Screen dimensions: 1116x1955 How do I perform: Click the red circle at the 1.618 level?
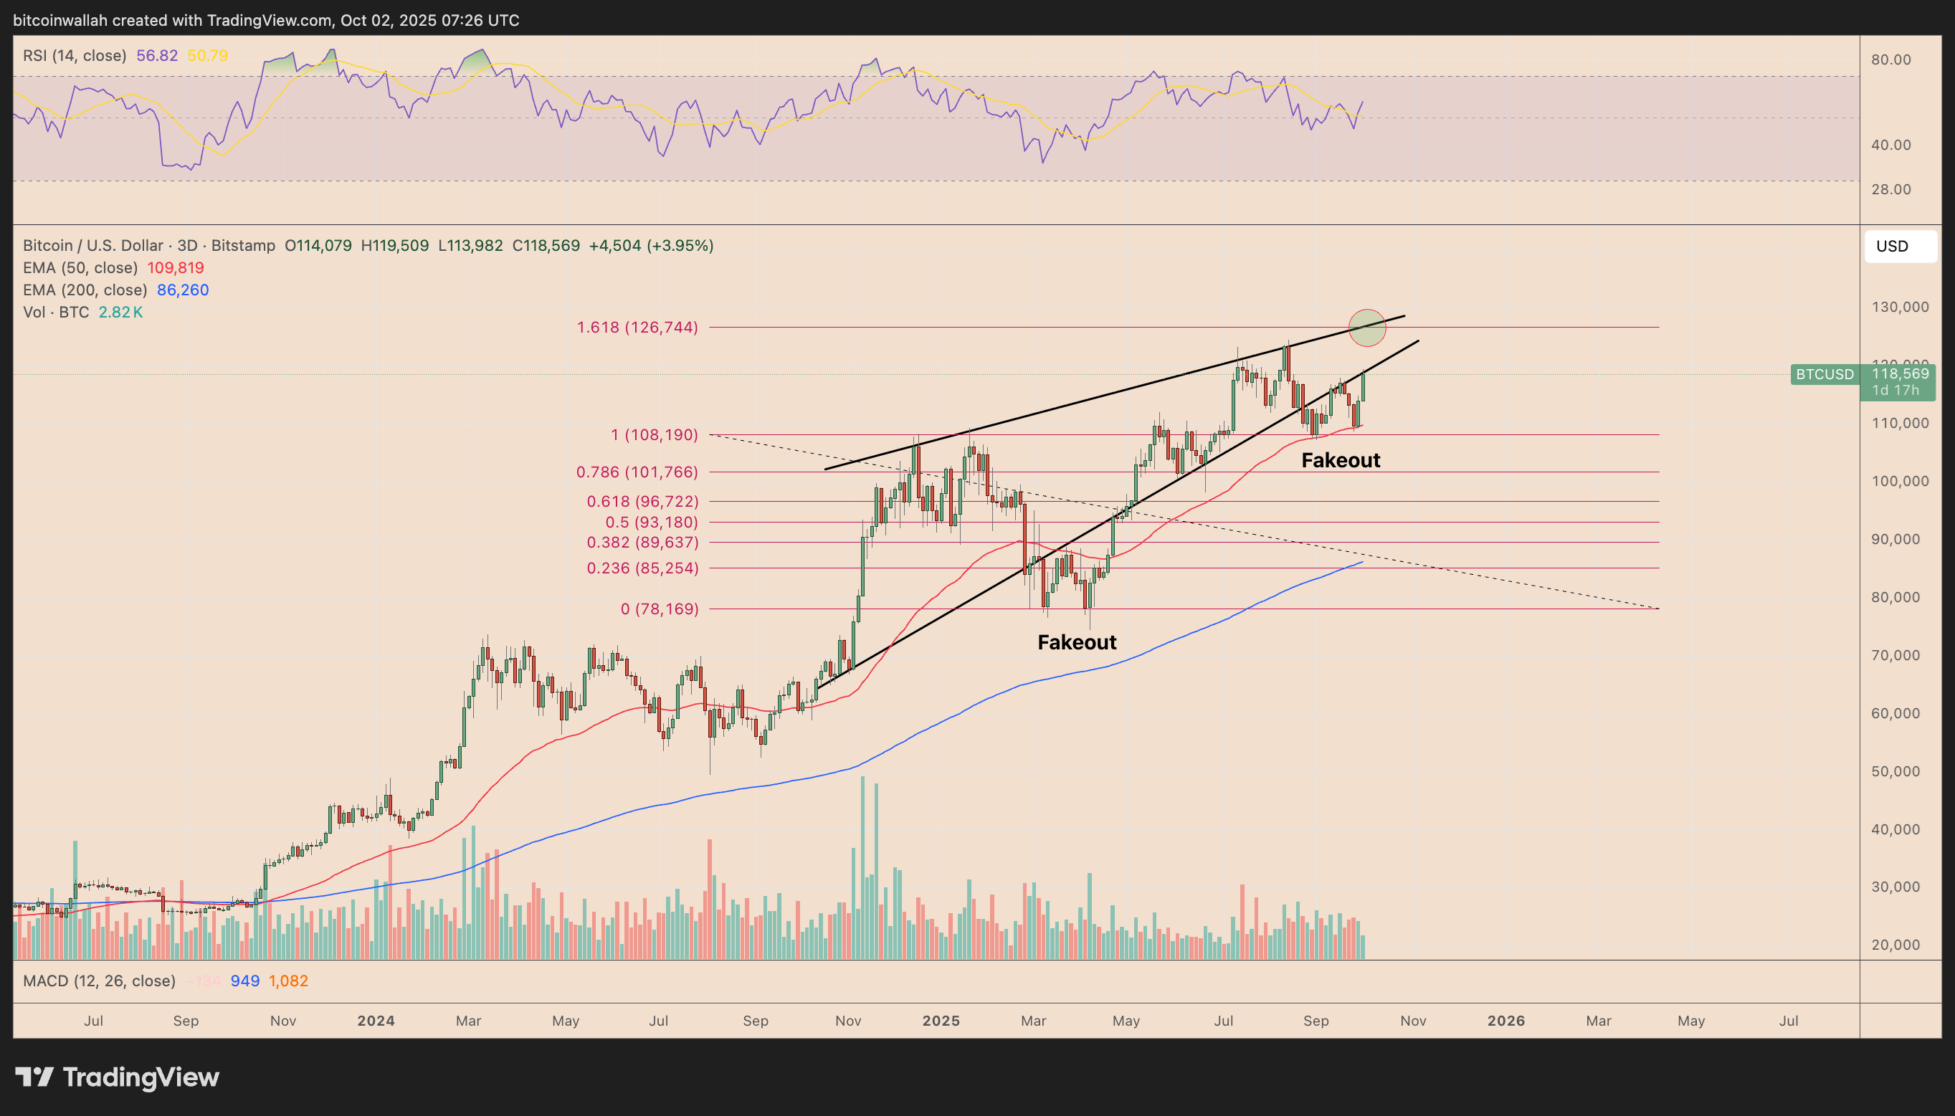1367,328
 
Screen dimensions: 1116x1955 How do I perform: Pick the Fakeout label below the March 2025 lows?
1076,642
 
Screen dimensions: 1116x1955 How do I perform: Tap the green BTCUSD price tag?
1824,374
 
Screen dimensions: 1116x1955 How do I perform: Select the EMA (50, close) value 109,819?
176,267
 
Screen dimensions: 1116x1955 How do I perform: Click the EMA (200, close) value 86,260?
183,290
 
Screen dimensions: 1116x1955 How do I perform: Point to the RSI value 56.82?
156,55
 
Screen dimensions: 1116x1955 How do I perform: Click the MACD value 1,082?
288,981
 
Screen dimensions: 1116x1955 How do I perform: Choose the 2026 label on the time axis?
1506,1021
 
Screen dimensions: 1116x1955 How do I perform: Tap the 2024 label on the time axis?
376,1021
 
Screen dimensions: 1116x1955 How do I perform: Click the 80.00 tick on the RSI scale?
1890,59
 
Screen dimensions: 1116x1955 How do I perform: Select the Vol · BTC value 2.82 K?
120,312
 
